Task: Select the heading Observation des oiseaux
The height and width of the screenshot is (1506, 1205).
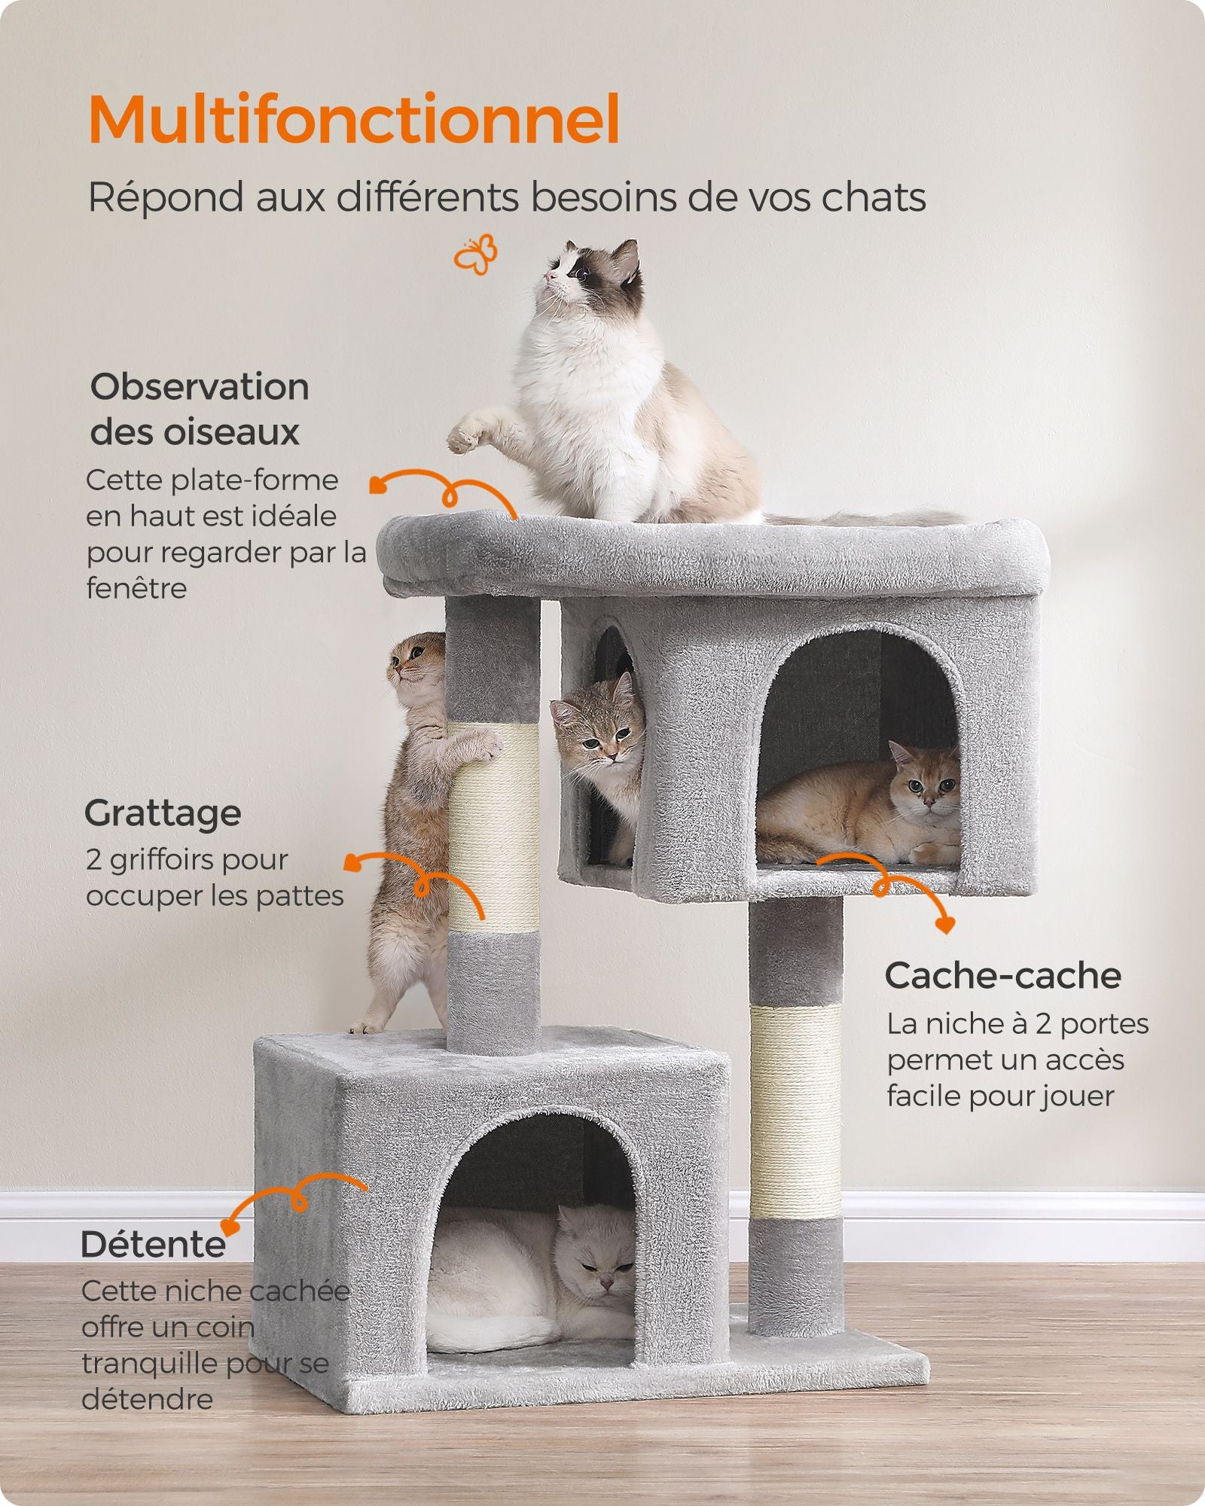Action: click(x=200, y=410)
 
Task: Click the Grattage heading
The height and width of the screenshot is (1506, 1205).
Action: click(x=163, y=813)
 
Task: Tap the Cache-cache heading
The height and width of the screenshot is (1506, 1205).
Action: click(x=1003, y=976)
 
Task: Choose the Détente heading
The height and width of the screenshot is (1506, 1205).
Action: click(x=153, y=1244)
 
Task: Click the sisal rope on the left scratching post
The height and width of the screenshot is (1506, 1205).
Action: click(x=493, y=828)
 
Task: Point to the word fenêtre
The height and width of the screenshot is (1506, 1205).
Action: click(x=136, y=588)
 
